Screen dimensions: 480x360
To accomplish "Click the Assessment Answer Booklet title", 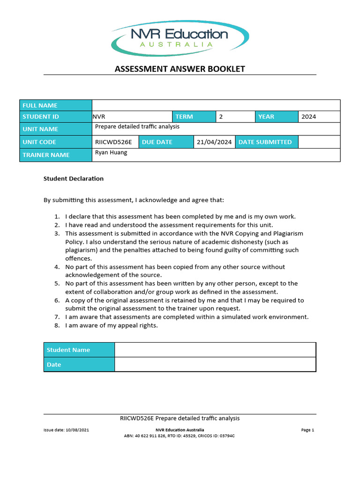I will click(180, 69).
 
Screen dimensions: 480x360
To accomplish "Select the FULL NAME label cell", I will click(56, 105).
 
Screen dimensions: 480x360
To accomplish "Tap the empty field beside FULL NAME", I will click(216, 105).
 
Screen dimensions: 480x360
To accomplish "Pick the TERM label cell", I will click(194, 117).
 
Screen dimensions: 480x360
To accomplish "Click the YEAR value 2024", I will click(309, 117).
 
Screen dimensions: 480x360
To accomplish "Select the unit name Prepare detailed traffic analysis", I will click(137, 127).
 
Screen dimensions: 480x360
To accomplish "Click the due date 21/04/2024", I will click(214, 142).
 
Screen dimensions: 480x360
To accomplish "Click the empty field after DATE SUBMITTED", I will click(319, 142).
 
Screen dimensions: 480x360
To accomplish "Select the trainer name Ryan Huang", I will click(111, 153).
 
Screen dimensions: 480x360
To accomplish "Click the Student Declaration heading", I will click(74, 179).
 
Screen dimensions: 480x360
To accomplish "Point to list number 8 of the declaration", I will click(57, 325).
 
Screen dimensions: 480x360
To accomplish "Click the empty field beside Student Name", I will click(215, 350).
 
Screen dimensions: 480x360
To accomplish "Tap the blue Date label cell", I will click(79, 365).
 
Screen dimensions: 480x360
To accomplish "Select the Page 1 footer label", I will click(307, 430).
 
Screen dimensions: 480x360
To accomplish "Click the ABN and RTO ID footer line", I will click(179, 435).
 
